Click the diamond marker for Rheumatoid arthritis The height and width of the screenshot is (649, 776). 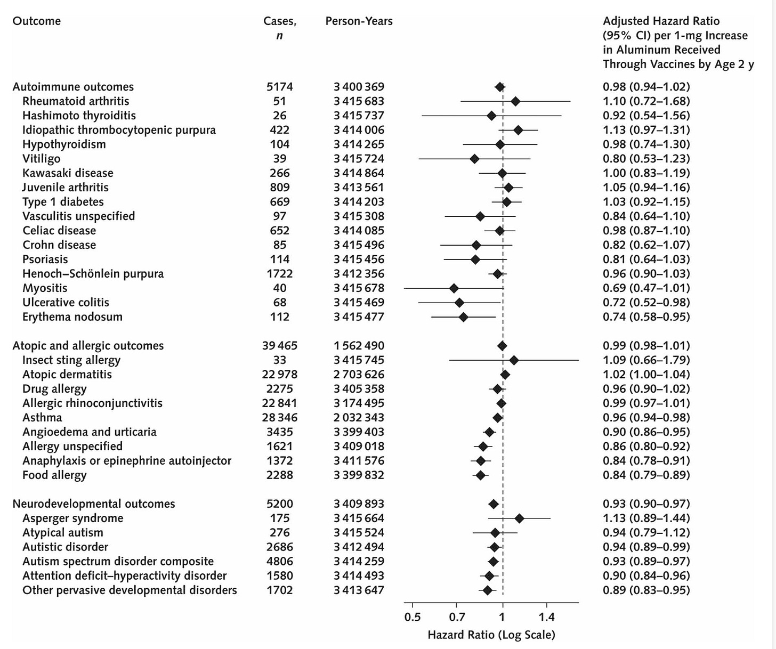515,101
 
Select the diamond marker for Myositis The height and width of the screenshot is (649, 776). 454,288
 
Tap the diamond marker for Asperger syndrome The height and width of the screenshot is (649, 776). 519,518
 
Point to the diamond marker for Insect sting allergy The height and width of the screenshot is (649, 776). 514,360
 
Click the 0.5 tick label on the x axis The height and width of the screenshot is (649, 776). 412,618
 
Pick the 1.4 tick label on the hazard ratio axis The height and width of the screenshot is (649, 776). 546,618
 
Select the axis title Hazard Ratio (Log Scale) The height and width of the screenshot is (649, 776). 491,635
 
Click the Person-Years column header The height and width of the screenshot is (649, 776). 359,21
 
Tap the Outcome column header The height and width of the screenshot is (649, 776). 36,21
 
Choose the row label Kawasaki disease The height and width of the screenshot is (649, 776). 68,173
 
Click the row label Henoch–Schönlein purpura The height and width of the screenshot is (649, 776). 93,274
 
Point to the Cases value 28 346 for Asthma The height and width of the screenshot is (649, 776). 279,418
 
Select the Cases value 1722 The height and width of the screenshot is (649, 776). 279,274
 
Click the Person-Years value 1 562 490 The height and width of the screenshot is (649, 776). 359,346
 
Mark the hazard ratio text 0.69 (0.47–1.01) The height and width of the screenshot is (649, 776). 646,288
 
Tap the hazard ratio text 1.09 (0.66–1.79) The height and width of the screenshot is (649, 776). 646,360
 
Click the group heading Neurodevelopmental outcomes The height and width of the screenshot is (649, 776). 94,504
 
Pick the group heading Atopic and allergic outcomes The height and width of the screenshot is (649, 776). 88,346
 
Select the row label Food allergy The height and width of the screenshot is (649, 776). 54,475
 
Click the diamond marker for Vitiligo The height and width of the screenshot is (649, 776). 474,159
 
